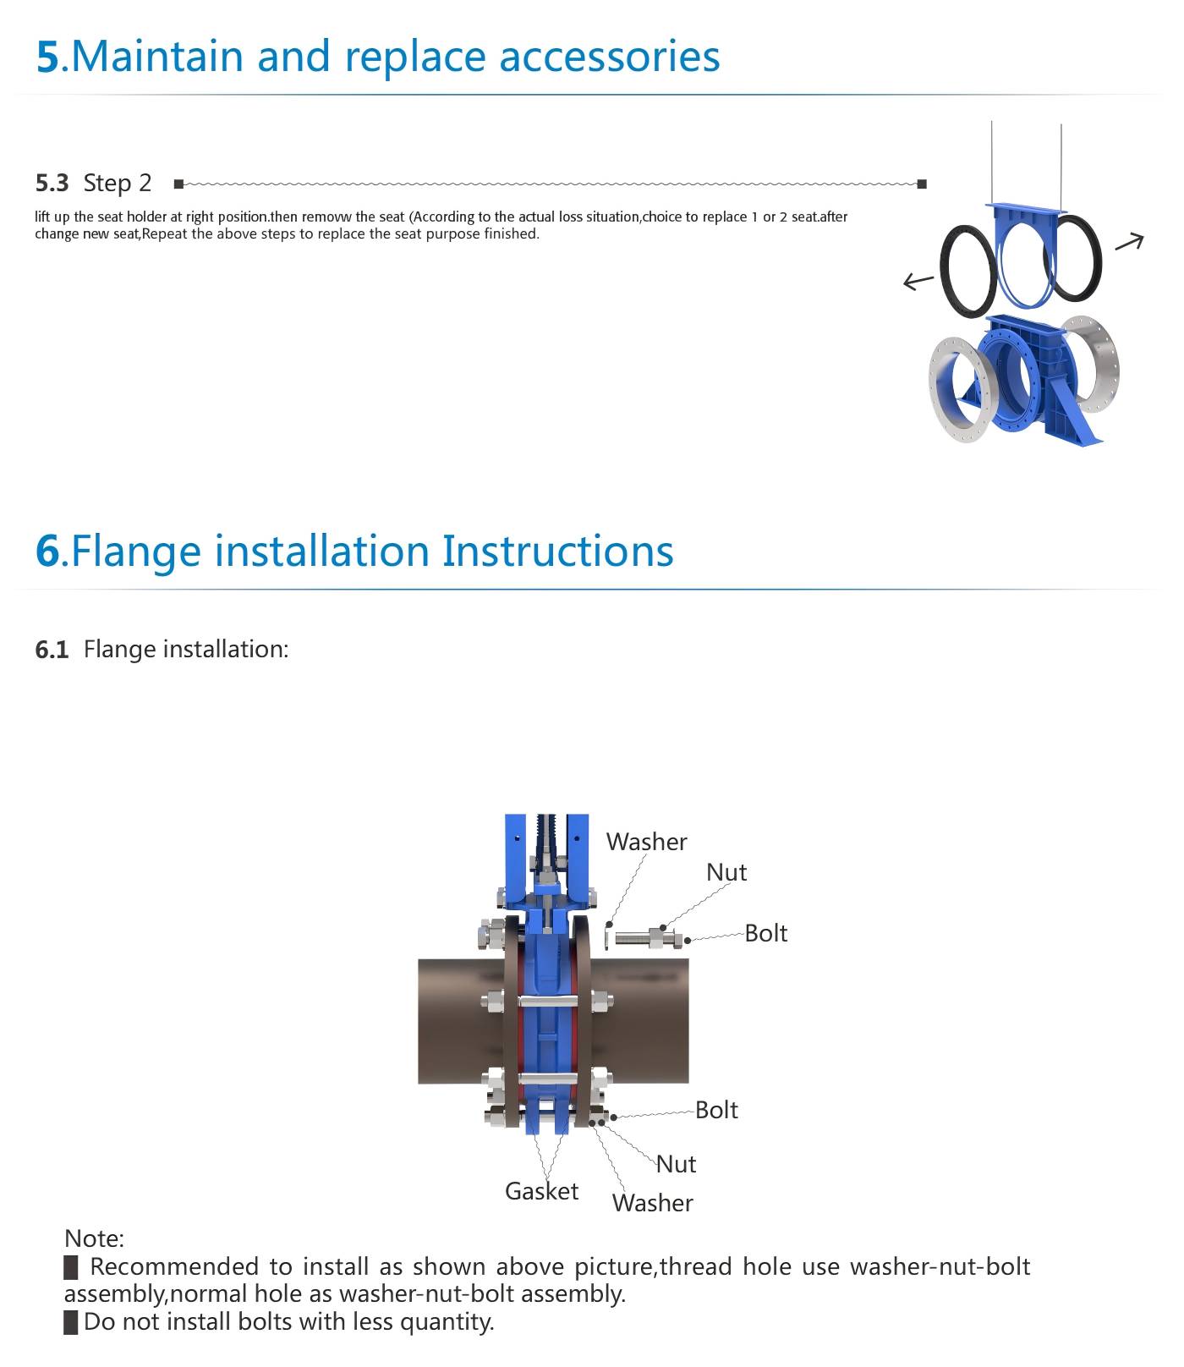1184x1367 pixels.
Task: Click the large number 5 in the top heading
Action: coord(47,57)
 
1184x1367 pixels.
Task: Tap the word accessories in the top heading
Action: coord(610,57)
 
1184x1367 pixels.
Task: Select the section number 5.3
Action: coord(52,183)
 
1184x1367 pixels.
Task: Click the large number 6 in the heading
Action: coord(47,551)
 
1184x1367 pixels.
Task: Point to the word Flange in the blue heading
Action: coord(136,551)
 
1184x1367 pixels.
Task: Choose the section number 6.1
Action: coord(52,650)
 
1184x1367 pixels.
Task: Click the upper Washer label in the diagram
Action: coord(647,842)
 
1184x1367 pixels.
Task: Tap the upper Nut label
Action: coord(726,872)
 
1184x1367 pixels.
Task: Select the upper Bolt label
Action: coord(766,933)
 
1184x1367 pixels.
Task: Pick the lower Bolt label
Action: coord(716,1110)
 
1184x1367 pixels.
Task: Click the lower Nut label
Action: coord(677,1164)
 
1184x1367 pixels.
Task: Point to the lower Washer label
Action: coord(653,1203)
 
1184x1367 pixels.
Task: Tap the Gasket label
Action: coord(542,1191)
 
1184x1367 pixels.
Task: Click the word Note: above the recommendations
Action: coord(94,1238)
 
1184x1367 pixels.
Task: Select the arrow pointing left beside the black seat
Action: coord(918,281)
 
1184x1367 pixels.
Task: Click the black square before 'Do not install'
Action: coord(71,1322)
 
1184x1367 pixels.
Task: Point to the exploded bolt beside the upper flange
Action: coord(648,938)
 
